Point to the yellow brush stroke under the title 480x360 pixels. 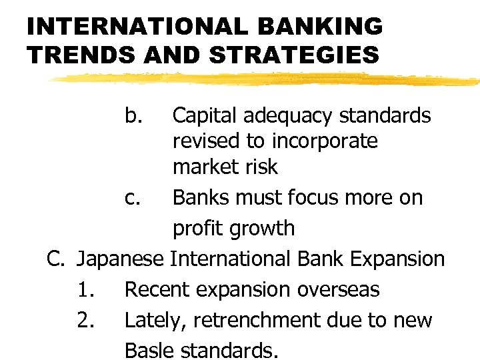(267, 79)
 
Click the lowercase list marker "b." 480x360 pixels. (134, 116)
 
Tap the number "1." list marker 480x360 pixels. (85, 290)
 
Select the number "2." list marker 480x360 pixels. (85, 321)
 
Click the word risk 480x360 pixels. (262, 167)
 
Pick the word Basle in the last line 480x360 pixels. (149, 350)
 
